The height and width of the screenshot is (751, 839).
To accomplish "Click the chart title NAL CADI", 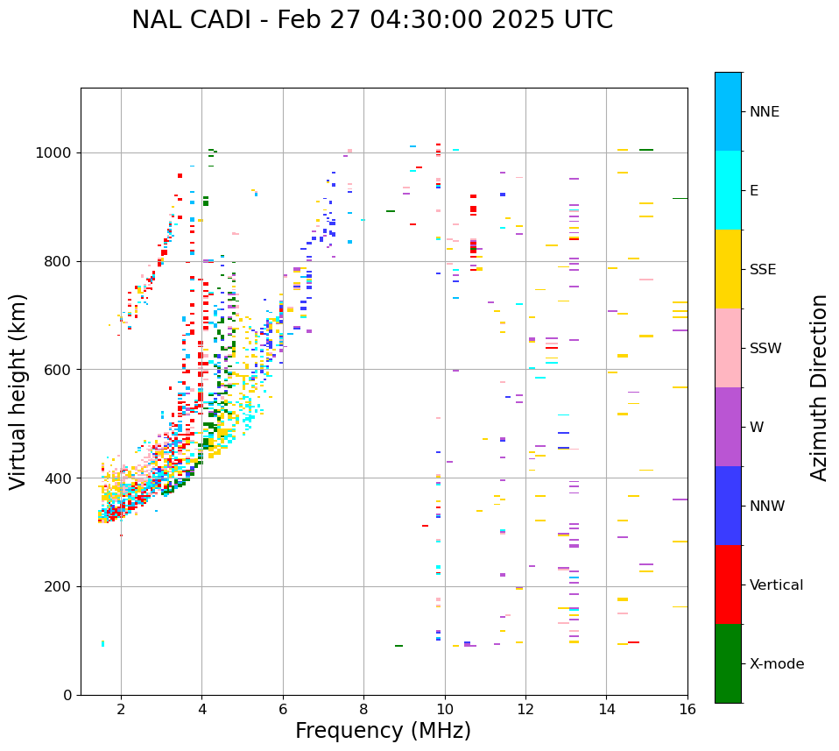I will (372, 20).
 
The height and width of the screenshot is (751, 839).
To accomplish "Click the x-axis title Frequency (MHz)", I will (383, 731).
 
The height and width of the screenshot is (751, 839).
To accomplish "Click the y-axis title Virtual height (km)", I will (18, 392).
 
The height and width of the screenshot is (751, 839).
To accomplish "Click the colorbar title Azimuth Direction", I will (819, 387).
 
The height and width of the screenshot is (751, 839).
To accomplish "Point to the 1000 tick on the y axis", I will (58, 152).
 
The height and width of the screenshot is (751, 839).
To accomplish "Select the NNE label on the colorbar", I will (765, 112).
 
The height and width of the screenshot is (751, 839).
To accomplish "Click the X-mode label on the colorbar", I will (777, 664).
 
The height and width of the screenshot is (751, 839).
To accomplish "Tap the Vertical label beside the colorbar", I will (777, 585).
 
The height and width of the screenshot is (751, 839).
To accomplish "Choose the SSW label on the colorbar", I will (765, 349).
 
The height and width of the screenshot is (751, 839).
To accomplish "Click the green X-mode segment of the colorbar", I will (728, 663).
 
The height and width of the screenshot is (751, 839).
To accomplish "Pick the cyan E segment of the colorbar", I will (728, 190).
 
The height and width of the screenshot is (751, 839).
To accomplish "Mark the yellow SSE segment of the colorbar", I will (728, 269).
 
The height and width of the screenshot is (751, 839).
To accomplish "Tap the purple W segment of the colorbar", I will (728, 427).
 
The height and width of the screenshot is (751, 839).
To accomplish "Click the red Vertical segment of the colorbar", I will (728, 585).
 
